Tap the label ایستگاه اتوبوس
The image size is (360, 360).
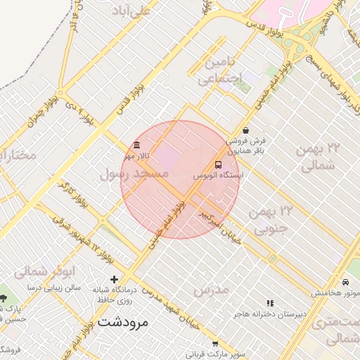218,175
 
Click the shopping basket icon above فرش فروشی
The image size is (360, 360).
245,130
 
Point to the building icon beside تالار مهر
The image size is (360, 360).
127,146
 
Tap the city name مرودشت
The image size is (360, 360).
123,323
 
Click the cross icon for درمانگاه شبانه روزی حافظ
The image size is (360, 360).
115,279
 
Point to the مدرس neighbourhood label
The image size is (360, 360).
210,290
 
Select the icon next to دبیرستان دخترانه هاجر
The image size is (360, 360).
271,303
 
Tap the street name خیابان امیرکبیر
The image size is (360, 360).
223,224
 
